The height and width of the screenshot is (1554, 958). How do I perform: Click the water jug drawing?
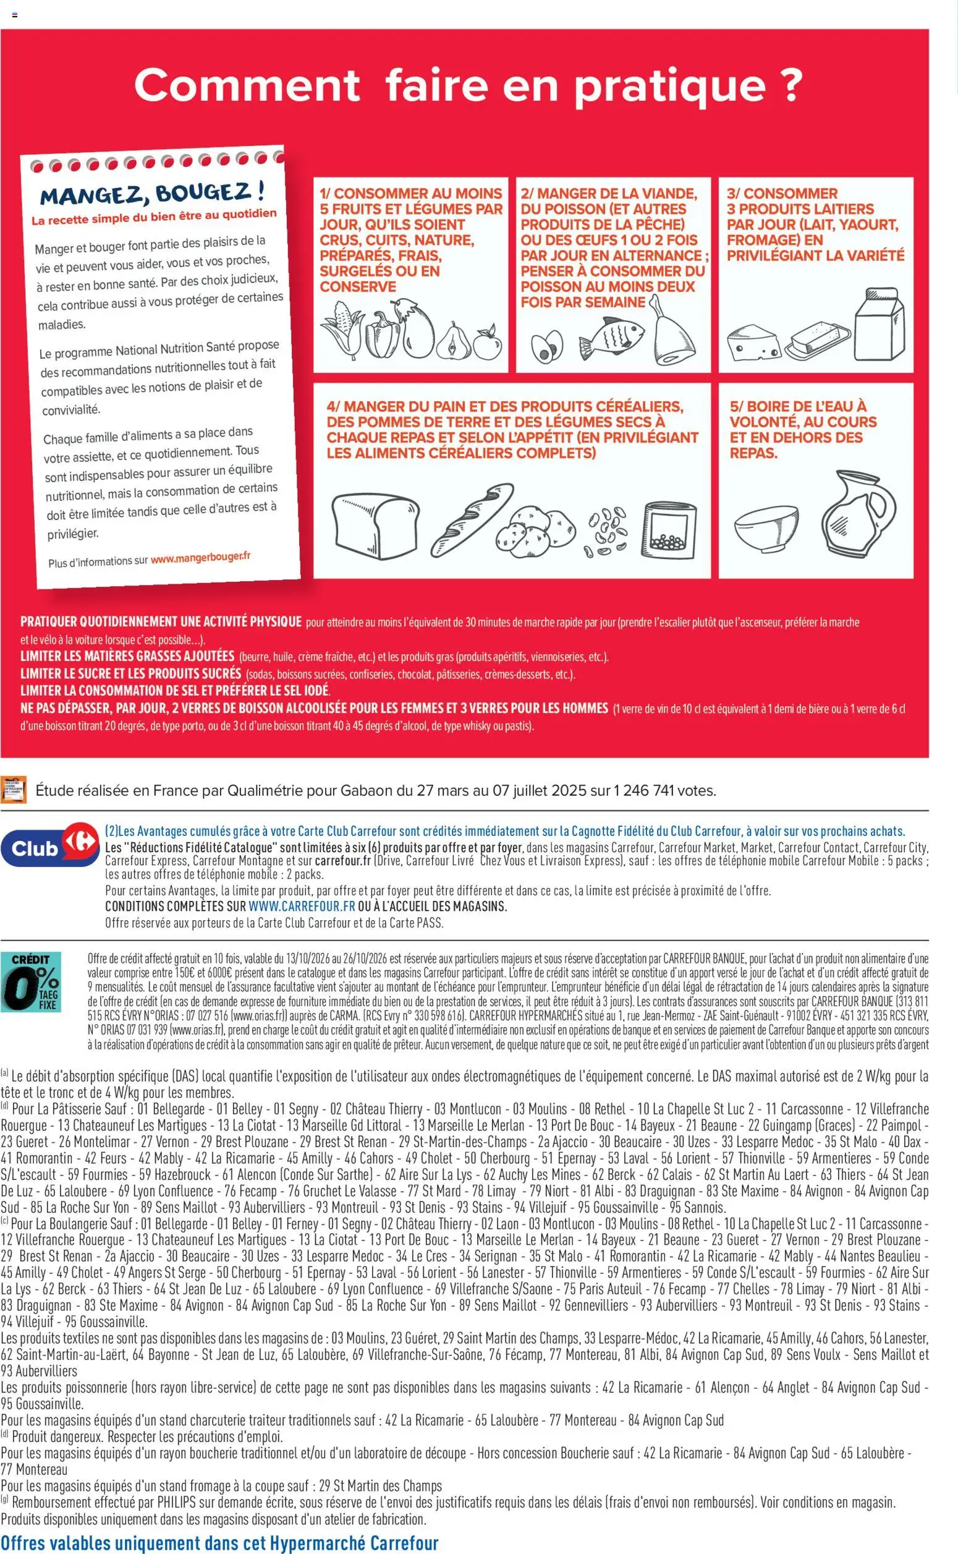point(858,514)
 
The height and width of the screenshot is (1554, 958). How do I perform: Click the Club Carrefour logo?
point(50,848)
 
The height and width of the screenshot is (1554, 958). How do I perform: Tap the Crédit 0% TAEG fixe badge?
point(31,981)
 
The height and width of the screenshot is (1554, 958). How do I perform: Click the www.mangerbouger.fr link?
point(200,558)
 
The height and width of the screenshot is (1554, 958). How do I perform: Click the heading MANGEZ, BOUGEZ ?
point(152,193)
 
